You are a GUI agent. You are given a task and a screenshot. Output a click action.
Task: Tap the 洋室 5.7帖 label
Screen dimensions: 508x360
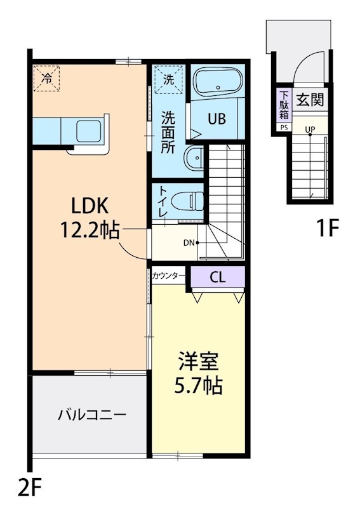click(x=199, y=373)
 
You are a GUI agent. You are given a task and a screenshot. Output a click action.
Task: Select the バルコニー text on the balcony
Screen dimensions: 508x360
click(x=93, y=415)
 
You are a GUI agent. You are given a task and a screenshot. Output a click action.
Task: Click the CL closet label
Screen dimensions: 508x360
click(x=217, y=277)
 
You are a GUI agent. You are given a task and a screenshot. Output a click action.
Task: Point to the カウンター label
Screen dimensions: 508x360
click(x=168, y=276)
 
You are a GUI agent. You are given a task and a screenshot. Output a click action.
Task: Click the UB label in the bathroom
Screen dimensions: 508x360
click(x=218, y=119)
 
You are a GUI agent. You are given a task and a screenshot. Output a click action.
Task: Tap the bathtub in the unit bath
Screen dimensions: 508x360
click(x=218, y=83)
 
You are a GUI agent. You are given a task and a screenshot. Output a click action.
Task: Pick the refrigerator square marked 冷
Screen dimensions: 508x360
click(x=48, y=78)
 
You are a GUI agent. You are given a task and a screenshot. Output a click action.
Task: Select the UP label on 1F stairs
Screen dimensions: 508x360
click(x=310, y=130)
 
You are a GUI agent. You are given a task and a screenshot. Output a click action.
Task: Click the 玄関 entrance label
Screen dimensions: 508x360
click(x=310, y=100)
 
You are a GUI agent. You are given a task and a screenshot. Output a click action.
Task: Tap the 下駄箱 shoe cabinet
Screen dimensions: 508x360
click(x=283, y=105)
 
